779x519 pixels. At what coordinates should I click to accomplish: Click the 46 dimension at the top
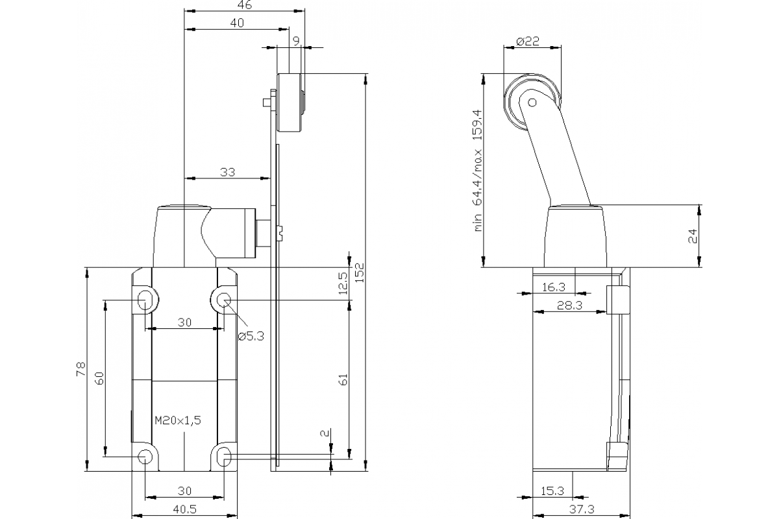tap(245, 5)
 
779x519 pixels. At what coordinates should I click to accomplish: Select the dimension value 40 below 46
tap(236, 23)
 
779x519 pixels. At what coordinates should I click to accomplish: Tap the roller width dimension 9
tap(296, 41)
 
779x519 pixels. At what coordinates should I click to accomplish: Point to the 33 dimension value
tap(227, 172)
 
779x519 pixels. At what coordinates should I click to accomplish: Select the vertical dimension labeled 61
tap(343, 379)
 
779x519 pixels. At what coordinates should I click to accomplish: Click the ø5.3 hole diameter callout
tap(251, 336)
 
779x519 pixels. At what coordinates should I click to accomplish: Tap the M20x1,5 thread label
tap(178, 420)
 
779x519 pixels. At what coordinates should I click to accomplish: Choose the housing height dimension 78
tap(80, 370)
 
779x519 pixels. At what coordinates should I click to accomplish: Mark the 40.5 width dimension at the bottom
tap(184, 511)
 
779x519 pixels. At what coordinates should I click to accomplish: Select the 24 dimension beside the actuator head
tap(692, 235)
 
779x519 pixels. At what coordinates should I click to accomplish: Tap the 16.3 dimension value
tap(552, 286)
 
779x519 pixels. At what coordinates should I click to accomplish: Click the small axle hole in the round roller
tap(532, 102)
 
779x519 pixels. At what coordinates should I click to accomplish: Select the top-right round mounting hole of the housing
tap(223, 300)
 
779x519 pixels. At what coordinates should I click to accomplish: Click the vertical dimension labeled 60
tap(99, 378)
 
